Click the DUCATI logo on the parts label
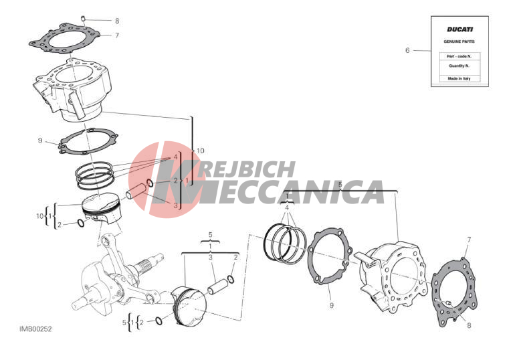[x=459, y=29]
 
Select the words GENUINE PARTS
[x=459, y=41]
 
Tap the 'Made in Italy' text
[x=459, y=78]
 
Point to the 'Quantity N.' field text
[x=459, y=66]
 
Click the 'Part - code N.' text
[x=459, y=56]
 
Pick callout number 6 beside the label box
[x=407, y=50]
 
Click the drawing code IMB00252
[x=35, y=329]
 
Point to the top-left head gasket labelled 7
[x=64, y=38]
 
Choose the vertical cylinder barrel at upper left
[x=72, y=89]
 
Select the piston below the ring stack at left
[x=102, y=209]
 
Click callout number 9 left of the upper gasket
[x=40, y=141]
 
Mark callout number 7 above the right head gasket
[x=469, y=240]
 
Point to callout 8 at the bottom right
[x=469, y=325]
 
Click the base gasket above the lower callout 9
[x=330, y=256]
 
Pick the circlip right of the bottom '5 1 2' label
[x=159, y=321]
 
